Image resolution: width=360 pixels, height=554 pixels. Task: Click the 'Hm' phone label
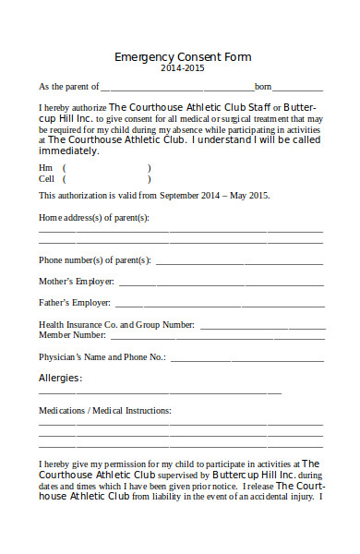[45, 167]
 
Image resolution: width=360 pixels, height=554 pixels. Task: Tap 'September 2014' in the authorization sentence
[191, 196]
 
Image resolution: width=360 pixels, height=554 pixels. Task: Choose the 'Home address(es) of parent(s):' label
[93, 218]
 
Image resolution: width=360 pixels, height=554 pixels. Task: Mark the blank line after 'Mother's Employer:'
[221, 283]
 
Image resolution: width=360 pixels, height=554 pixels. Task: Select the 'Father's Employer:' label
[75, 302]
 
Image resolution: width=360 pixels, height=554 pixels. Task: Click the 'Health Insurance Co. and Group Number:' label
[116, 325]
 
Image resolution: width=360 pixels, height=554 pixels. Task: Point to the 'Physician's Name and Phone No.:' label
[102, 356]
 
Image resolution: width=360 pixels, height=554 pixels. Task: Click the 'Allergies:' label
[60, 378]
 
